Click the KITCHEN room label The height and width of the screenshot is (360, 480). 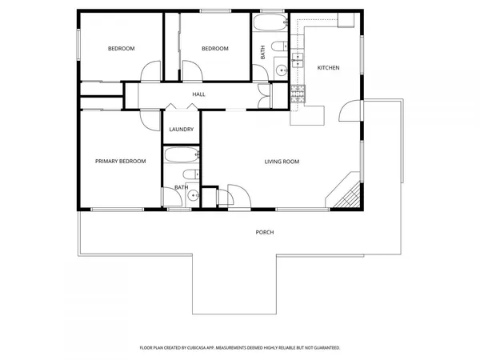tap(328, 68)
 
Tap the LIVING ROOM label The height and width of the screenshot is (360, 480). tap(282, 162)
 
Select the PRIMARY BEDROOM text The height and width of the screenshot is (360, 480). tap(121, 162)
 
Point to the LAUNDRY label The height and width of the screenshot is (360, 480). tap(181, 130)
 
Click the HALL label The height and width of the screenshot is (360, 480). tap(198, 94)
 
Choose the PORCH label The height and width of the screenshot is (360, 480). tap(265, 232)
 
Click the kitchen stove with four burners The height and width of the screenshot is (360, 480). tap(299, 94)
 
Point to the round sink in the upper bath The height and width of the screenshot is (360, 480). tap(282, 70)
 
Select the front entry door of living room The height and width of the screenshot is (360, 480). tap(238, 197)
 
